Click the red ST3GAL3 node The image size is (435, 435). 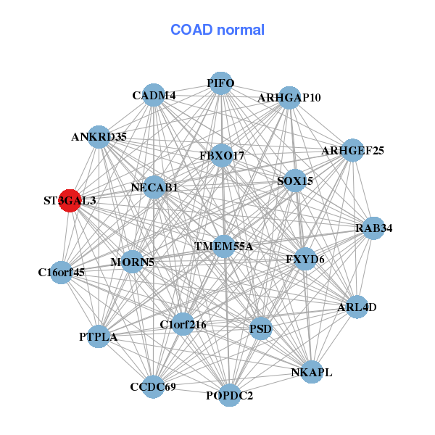(70, 200)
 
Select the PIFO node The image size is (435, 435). (220, 83)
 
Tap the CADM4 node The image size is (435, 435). (154, 95)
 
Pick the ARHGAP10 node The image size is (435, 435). (289, 97)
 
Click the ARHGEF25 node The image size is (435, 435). (352, 151)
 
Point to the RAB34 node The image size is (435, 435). (373, 228)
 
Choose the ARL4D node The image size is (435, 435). (357, 307)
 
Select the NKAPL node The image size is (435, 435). (311, 373)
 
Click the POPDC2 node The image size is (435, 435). (230, 395)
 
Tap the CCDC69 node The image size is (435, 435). (153, 386)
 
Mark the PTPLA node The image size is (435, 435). (99, 337)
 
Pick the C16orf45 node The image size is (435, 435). (62, 273)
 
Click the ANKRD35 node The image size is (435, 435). (99, 136)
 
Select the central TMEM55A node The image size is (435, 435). (223, 246)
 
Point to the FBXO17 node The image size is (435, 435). (222, 156)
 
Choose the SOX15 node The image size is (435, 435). (294, 181)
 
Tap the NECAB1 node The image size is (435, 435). (154, 187)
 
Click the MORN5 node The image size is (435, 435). (132, 261)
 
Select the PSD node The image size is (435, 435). (260, 330)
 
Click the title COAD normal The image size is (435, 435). (217, 30)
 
